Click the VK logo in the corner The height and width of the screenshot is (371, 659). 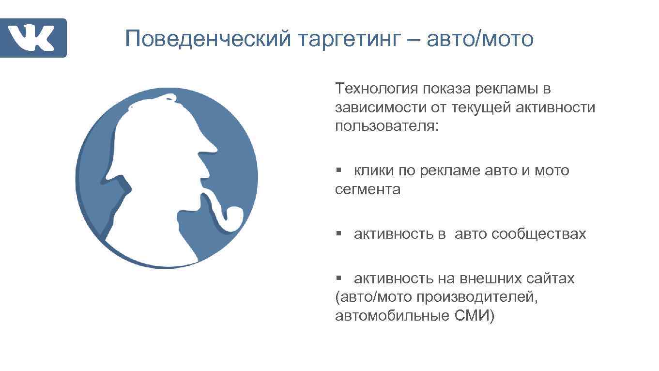point(33,38)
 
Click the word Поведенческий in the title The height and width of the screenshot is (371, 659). point(208,39)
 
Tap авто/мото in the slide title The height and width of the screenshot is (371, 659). point(480,39)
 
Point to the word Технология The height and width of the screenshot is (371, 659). point(376,89)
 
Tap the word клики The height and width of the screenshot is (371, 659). point(374,170)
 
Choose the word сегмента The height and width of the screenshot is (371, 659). point(368,189)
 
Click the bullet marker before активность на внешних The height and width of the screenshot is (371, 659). point(339,278)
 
